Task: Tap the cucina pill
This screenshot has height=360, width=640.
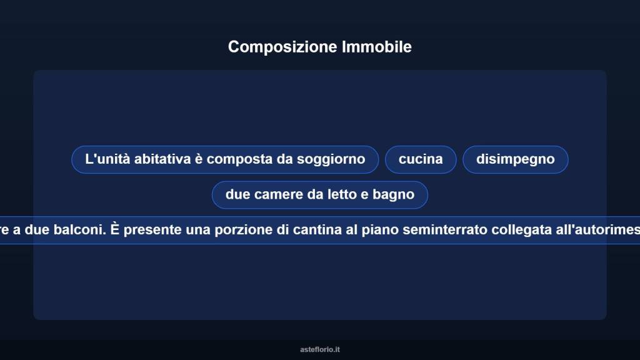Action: point(421,159)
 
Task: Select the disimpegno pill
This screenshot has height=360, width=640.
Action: point(515,159)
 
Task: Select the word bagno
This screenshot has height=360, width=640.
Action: point(394,194)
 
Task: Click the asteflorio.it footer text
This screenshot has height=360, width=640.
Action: point(320,350)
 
